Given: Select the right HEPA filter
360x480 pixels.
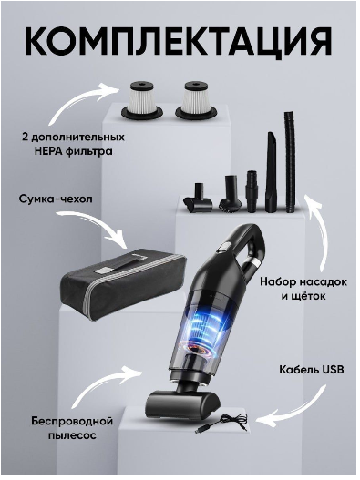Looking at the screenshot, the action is point(197,99).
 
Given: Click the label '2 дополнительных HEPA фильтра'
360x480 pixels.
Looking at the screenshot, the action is point(73,144).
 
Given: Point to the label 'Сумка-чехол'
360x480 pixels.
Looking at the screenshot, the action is point(56,199).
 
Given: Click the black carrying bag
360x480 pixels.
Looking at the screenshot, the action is point(124,286).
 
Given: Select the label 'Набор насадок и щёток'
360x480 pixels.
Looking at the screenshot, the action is point(303,289).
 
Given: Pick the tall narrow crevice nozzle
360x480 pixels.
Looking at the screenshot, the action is point(271,172).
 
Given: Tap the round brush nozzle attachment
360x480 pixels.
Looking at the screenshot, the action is point(231,193).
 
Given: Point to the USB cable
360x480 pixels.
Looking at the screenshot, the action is point(221,423).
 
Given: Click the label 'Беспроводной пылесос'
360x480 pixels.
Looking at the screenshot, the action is point(72,428).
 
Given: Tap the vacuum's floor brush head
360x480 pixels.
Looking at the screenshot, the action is point(183,403).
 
